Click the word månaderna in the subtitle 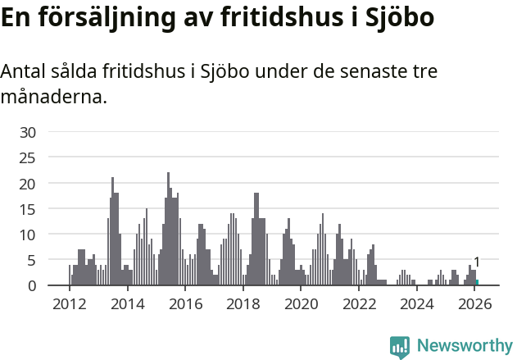point(53,98)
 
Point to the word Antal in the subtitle point(24,72)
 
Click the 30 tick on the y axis point(28,132)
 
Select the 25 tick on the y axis point(28,157)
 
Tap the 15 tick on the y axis point(28,208)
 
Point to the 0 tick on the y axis point(32,285)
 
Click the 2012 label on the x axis point(69,304)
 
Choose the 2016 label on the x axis point(185,304)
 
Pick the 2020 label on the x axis point(301,304)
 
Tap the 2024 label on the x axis point(416,304)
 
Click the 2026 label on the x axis point(474,304)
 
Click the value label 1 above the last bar point(477,262)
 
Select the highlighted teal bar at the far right point(477,282)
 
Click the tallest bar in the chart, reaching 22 point(168,230)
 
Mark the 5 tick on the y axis point(32,260)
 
